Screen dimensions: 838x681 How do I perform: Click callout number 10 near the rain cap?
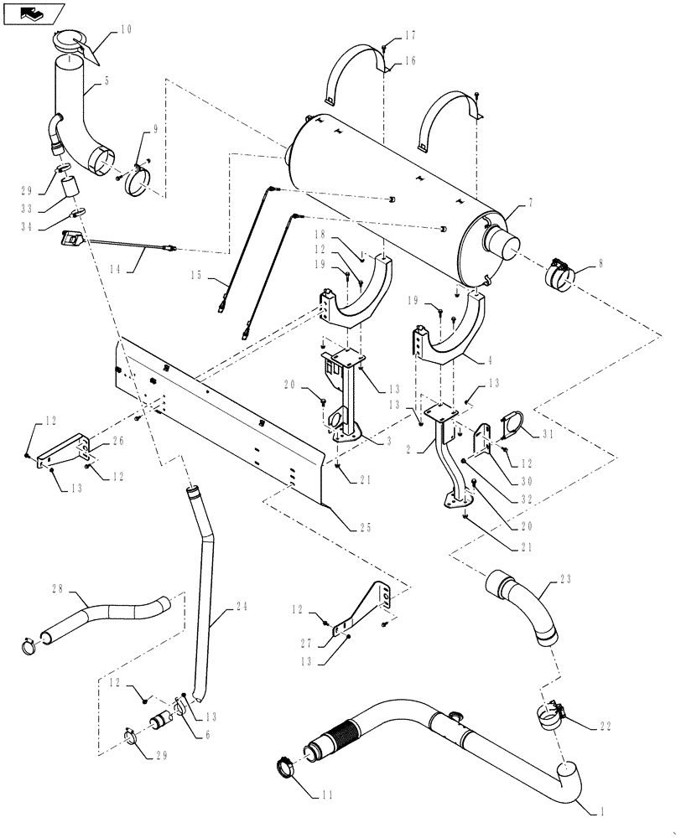pos(125,29)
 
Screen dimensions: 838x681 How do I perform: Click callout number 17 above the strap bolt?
pos(410,36)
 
